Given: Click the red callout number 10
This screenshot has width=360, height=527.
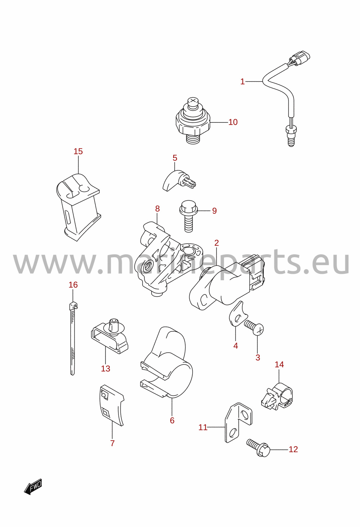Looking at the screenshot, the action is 233,122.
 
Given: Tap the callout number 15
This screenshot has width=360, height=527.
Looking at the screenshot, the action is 78,151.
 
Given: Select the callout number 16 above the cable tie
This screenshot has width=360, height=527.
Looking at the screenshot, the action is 73,285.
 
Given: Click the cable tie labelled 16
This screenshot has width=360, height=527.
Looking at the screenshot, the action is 73,339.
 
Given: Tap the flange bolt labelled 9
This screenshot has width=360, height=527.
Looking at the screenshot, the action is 189,216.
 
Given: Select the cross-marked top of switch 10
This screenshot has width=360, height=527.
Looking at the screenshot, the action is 193,102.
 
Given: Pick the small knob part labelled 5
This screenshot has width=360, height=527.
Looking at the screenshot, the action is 179,181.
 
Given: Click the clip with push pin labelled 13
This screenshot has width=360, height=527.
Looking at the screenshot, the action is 109,336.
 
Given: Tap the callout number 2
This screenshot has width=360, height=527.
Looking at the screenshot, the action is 217,242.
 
